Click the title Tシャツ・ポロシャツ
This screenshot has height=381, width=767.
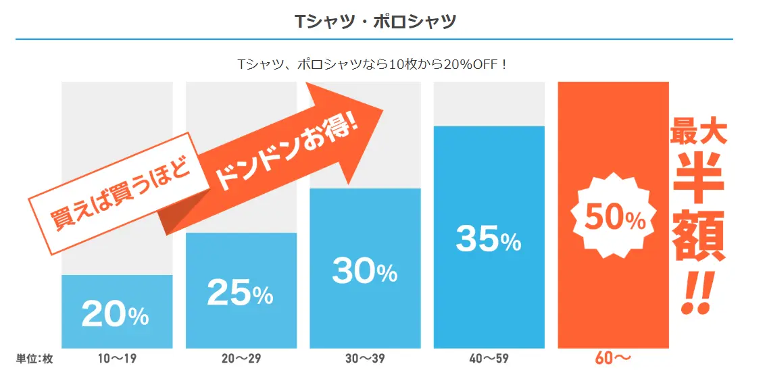click(375, 20)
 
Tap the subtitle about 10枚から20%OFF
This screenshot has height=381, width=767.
click(374, 65)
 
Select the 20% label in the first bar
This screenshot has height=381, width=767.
click(116, 313)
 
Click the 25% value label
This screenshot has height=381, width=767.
click(240, 292)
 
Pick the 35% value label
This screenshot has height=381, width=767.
click(489, 238)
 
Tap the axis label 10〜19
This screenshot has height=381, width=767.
click(117, 359)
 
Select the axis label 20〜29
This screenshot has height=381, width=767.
click(241, 359)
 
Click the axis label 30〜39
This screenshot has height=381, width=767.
click(365, 359)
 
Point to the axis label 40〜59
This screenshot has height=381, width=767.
click(489, 359)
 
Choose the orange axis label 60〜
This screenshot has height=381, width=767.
click(612, 359)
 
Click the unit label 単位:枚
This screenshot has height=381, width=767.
click(34, 359)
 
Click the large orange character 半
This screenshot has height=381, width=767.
click(699, 178)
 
